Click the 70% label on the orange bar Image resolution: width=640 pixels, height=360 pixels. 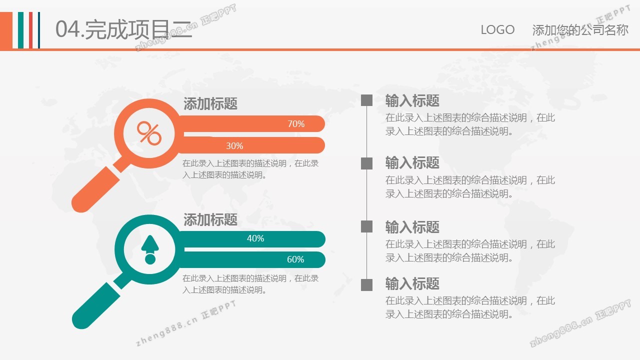coord(296,123)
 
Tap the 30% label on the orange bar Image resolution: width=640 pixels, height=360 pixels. coord(234,145)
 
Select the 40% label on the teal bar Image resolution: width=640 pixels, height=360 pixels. coord(255,238)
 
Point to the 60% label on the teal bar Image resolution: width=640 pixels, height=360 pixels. coord(295,259)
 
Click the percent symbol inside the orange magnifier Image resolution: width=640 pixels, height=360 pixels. coord(149,133)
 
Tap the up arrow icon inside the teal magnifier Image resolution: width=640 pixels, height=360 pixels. coord(150,249)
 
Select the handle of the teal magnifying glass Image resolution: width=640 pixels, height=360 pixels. coord(96,305)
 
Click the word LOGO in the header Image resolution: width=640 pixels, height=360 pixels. coord(497,29)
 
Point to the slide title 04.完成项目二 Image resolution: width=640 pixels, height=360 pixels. coord(123,29)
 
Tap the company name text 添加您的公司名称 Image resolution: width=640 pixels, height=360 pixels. coord(580,30)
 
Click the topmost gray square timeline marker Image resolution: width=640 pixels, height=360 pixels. coord(367,100)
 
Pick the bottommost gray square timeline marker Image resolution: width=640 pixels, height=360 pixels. coord(367,285)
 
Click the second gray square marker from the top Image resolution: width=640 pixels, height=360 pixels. coord(367,163)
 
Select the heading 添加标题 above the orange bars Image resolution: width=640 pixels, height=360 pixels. coord(210,103)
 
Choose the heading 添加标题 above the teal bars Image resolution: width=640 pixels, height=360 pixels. coord(210,219)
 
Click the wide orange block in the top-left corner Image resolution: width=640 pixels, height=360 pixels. coord(6,30)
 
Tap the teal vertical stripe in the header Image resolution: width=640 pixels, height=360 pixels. coord(20,30)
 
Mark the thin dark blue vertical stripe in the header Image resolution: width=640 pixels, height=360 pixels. coord(39,30)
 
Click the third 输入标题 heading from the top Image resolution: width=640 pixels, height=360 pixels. coord(412,227)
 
